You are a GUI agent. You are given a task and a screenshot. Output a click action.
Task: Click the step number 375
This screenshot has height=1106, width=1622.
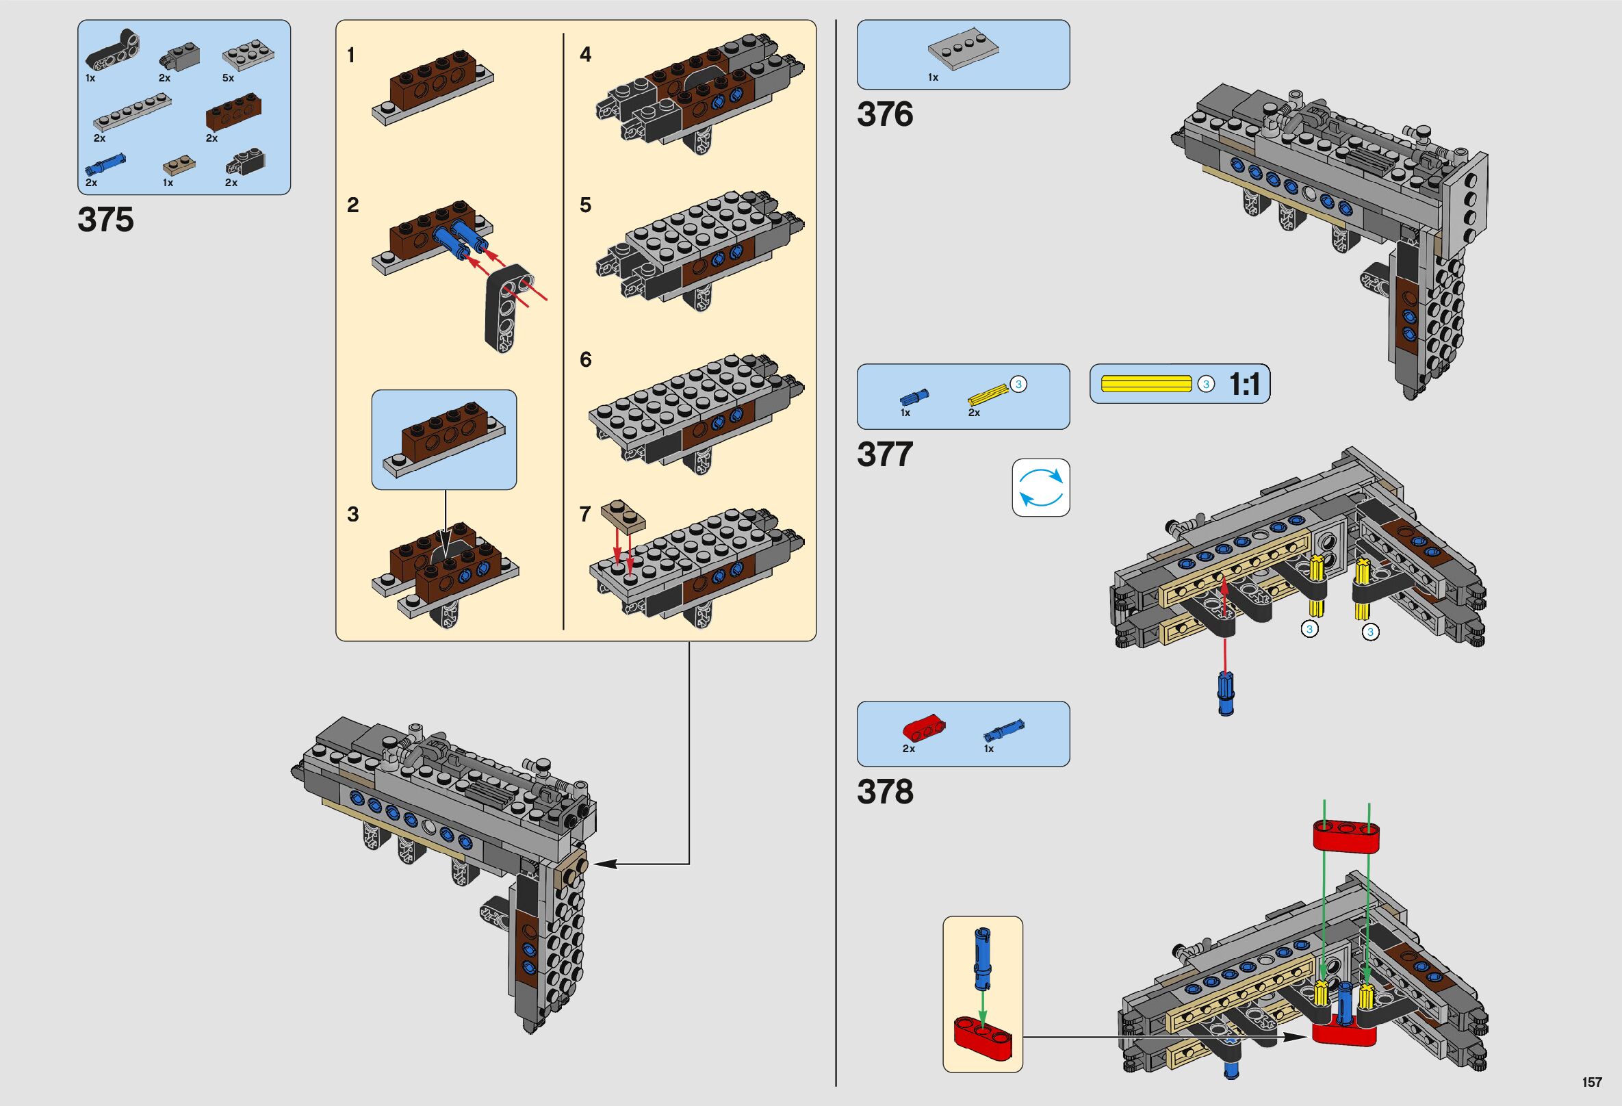click(105, 220)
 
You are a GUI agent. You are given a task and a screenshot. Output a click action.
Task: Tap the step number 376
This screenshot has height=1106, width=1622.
click(884, 115)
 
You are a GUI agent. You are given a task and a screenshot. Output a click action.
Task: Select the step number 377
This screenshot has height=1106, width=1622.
click(884, 455)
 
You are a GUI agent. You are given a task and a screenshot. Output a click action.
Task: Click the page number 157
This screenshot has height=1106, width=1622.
click(1592, 1082)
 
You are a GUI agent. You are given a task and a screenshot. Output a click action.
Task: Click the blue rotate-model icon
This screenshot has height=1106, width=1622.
click(1041, 487)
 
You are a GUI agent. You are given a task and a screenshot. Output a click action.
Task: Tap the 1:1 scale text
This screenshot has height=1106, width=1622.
click(1245, 385)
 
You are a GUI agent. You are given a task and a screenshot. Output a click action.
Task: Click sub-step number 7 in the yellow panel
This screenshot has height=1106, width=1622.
click(585, 514)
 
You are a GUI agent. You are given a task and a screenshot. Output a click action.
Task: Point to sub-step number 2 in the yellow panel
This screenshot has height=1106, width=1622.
click(352, 205)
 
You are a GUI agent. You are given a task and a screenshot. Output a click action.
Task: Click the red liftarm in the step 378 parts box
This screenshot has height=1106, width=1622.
click(923, 728)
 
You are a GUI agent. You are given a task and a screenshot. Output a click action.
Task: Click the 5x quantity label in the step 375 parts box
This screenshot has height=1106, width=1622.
click(228, 78)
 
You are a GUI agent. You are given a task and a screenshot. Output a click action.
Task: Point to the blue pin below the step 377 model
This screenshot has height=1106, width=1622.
click(1225, 693)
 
